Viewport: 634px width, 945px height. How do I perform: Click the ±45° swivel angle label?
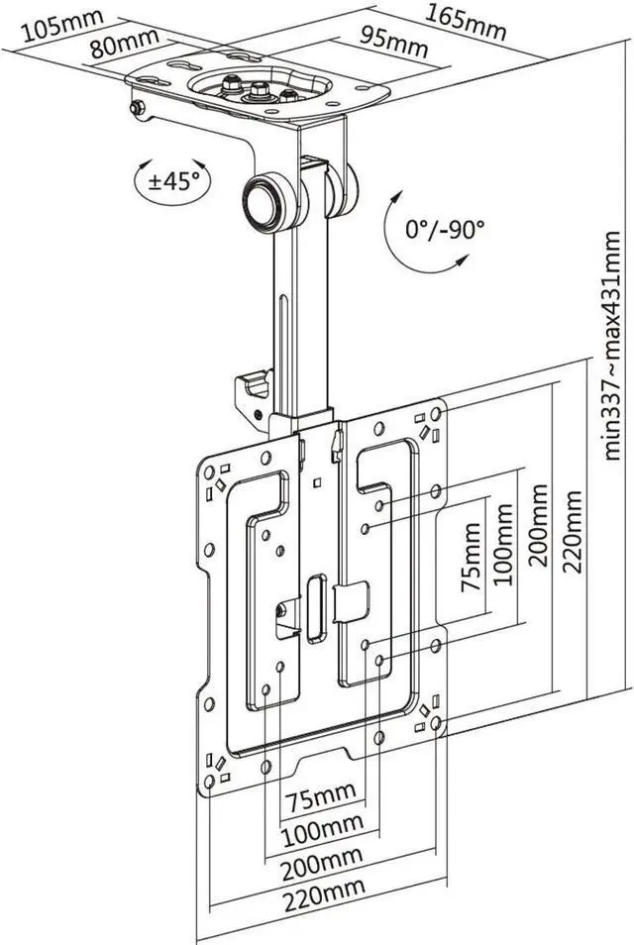pos(173,180)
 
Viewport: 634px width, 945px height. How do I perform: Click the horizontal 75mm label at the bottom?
pos(320,795)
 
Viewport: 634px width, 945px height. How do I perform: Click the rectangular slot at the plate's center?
pos(318,608)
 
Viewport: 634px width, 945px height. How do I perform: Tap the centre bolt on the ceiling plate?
pos(261,91)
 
